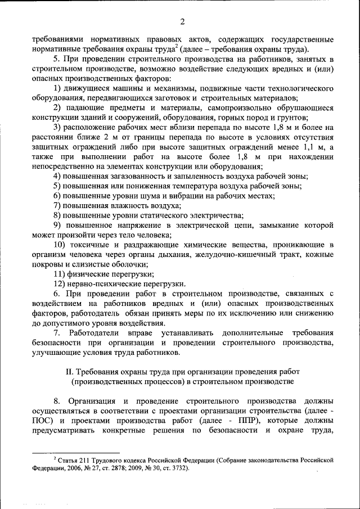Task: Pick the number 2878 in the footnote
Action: coord(121,467)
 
